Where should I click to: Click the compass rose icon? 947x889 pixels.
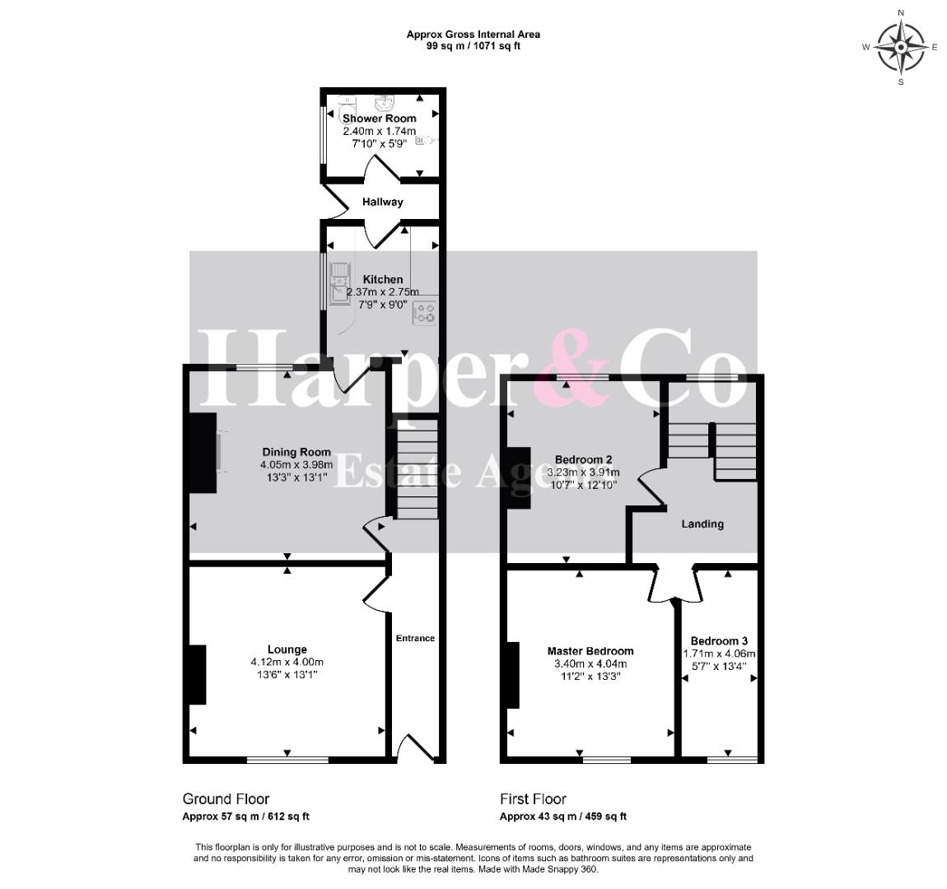[901, 47]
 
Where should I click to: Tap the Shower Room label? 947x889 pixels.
[380, 119]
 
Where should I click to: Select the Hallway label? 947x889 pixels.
[382, 202]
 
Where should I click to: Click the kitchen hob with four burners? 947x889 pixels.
[424, 313]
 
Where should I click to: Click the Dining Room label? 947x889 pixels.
[296, 452]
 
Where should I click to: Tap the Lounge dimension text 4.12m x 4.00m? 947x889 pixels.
[287, 662]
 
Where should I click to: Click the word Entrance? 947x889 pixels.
[416, 638]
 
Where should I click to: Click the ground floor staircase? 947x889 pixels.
[417, 469]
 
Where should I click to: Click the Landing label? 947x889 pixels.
[702, 524]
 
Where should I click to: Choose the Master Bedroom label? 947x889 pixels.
[590, 651]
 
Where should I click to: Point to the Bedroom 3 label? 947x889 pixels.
[720, 641]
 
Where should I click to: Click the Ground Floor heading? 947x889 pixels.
[226, 799]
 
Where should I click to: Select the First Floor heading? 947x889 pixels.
[533, 799]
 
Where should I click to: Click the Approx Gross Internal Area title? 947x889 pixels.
[473, 35]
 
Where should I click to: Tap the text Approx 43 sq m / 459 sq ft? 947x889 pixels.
[563, 817]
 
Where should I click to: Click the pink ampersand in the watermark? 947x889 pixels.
[574, 368]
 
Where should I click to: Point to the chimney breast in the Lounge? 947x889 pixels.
[198, 675]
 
